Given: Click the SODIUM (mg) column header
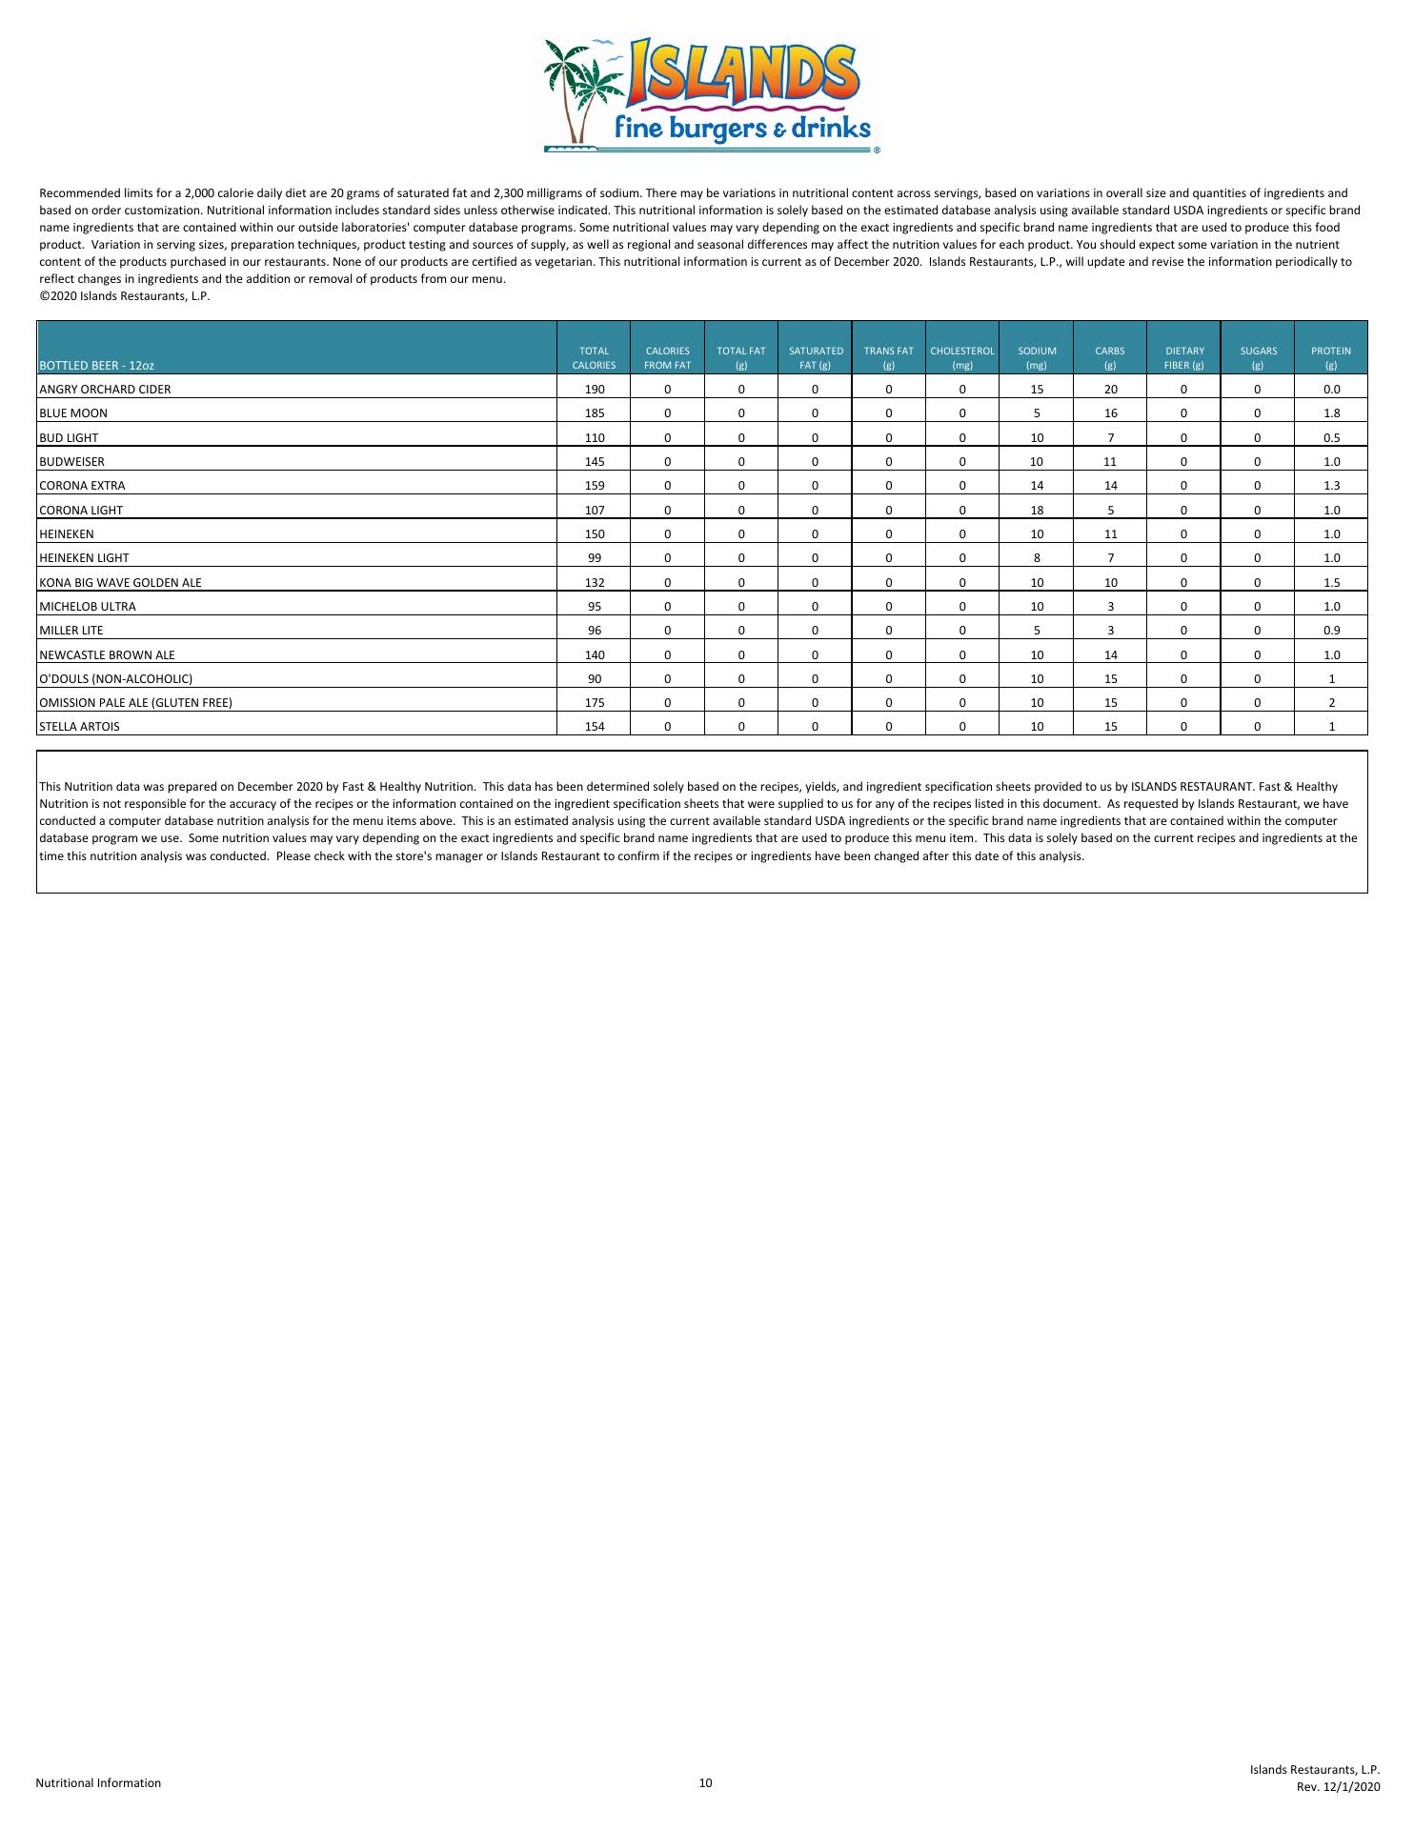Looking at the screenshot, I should pos(1037,357).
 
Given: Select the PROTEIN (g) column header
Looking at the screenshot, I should pos(1331,357).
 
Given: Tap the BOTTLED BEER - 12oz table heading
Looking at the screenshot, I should pos(96,365).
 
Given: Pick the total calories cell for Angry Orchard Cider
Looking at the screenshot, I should pos(595,389).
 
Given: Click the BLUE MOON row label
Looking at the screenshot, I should pos(73,413).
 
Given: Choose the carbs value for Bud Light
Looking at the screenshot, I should pos(1111,437).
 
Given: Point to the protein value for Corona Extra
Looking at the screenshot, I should pos(1331,486).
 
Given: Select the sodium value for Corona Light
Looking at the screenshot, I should pos(1037,510).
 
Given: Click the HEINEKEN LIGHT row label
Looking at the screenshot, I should pos(84,558).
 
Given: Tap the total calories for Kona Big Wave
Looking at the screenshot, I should pos(595,582).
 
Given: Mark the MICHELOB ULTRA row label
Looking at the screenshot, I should pos(88,607).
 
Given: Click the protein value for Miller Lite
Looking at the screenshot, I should pos(1331,631).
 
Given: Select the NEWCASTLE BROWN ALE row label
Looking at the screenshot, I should pos(107,654).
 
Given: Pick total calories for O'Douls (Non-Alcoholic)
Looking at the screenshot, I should pos(595,679).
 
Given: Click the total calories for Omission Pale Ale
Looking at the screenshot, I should pos(595,703).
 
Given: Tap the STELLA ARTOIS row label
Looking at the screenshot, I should pos(79,727).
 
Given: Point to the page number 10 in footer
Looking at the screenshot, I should pos(705,1783).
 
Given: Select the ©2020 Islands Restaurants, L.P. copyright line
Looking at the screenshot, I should pos(124,296).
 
